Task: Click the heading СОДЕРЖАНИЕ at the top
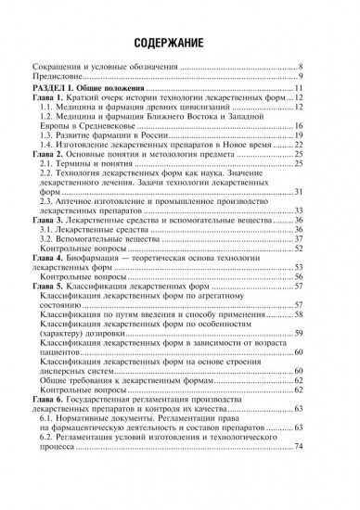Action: pyautogui.click(x=180, y=44)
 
